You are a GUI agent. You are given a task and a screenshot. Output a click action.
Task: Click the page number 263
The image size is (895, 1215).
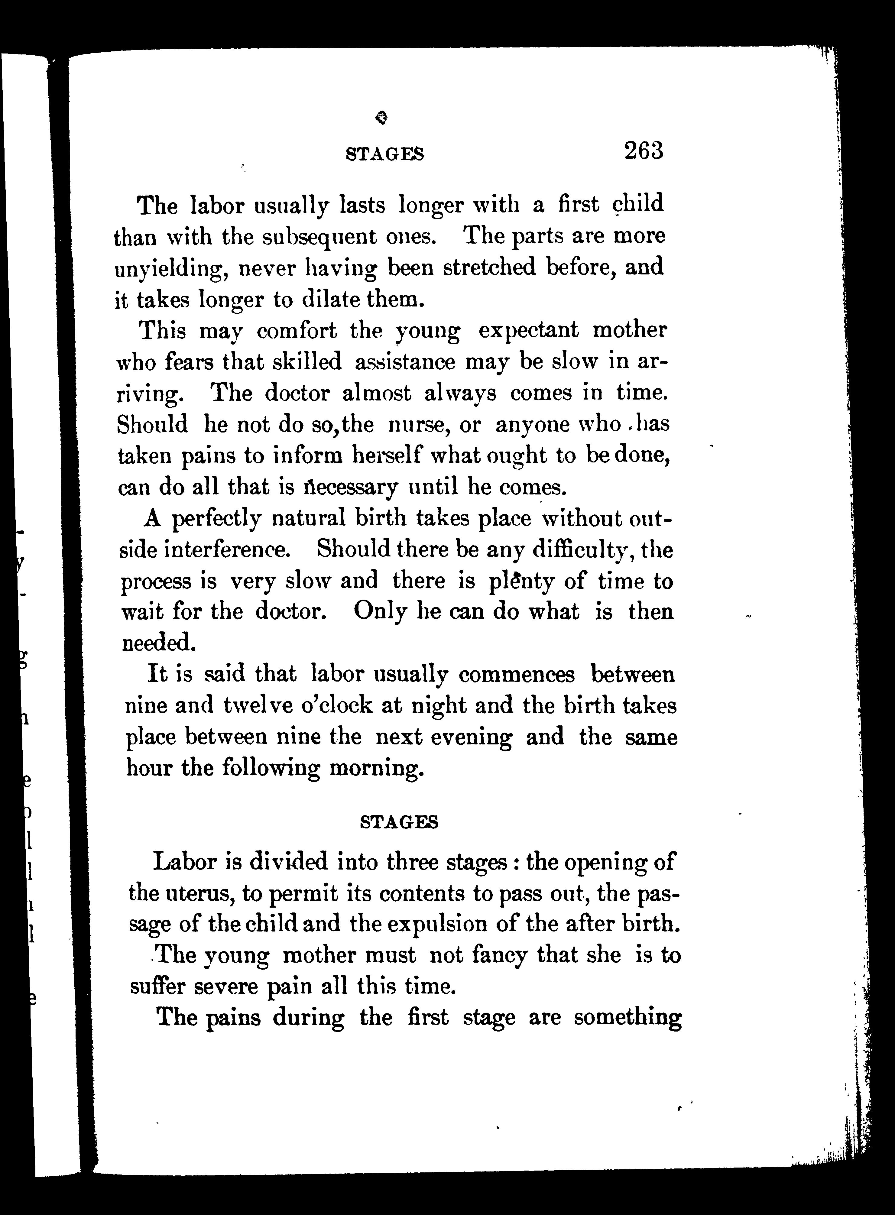tap(644, 151)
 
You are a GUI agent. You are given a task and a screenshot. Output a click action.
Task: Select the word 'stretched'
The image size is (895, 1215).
tap(489, 267)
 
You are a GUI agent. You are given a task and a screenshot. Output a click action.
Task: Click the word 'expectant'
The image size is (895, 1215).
tap(528, 330)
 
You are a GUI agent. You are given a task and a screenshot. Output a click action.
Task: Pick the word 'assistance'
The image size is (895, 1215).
tap(405, 362)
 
